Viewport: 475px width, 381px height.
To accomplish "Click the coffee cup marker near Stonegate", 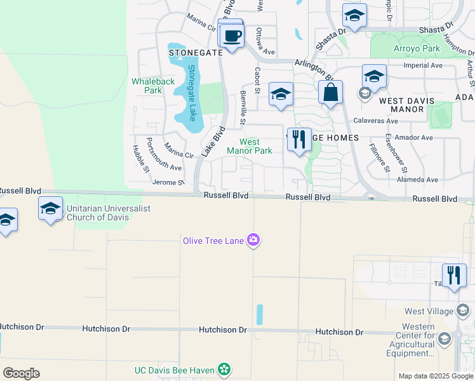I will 232,36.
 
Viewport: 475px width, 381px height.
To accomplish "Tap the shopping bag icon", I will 331,93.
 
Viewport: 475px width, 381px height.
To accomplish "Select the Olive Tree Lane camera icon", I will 254,240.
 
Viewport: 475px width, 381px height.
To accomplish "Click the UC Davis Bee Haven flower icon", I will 224,369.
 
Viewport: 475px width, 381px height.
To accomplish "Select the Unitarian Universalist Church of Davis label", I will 96,213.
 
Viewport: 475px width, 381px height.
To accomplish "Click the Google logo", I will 21,373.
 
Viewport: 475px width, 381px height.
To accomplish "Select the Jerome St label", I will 168,182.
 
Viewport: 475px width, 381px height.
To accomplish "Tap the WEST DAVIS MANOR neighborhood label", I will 406,105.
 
